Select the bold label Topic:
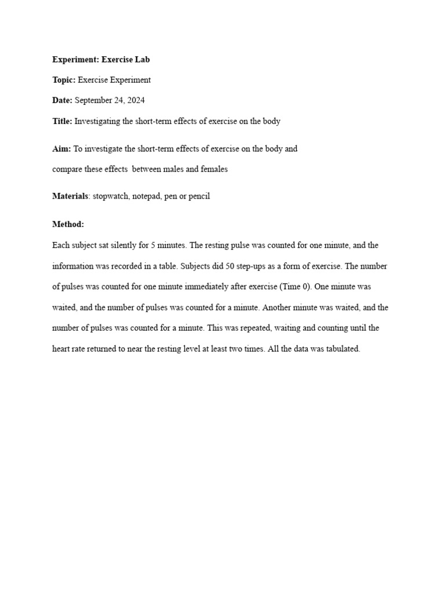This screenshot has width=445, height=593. (64, 80)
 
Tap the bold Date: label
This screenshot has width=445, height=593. (63, 100)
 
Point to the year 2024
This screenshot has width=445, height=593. (136, 100)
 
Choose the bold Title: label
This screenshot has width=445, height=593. (62, 121)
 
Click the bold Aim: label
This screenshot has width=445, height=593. (61, 149)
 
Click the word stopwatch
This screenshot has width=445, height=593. (110, 196)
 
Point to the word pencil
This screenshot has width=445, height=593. (198, 196)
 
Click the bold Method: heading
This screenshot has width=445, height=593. (68, 224)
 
